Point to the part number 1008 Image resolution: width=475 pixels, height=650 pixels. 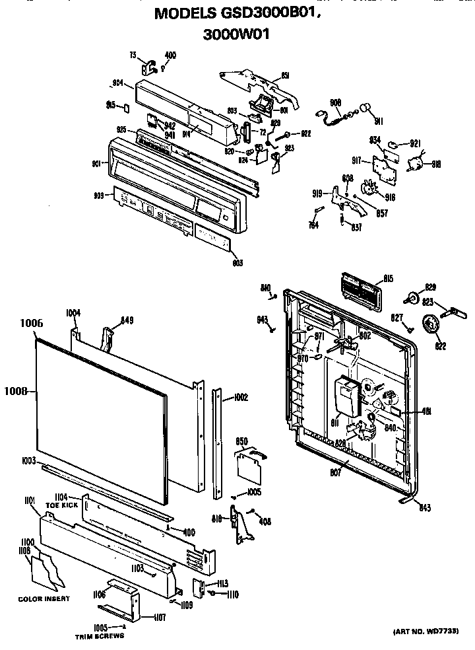tap(16, 391)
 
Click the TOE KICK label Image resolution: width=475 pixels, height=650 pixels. tap(61, 505)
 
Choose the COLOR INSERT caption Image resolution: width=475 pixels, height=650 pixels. tap(44, 599)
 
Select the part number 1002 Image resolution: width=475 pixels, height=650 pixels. tap(239, 398)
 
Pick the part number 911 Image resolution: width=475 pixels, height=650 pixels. tap(378, 122)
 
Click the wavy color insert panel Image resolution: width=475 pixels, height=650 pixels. tap(46, 571)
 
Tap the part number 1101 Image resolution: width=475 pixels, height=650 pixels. tap(30, 502)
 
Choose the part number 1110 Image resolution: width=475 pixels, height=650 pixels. tap(231, 595)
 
